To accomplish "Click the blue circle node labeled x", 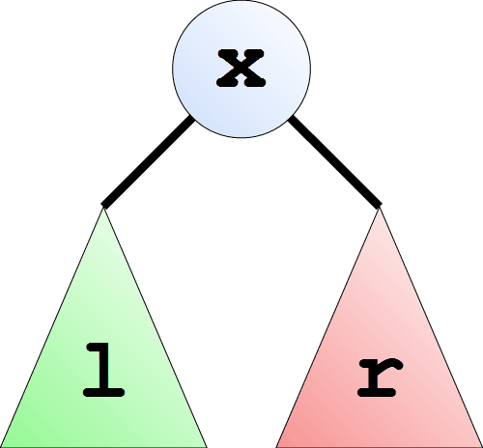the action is [241, 69].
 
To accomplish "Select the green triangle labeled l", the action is [103, 354].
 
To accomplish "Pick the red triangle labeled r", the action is [380, 354].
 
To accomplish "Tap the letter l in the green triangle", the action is [103, 370].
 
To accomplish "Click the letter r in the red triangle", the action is [380, 378].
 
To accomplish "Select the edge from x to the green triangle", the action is [149, 162].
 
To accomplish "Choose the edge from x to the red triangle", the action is [335, 162].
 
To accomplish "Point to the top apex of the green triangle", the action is [103, 208].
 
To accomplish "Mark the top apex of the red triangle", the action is [380, 208].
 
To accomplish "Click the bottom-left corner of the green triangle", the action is [1, 447].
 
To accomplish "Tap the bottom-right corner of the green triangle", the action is [207, 447].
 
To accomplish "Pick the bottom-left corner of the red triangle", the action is [276, 447].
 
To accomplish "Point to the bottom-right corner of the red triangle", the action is [482, 447].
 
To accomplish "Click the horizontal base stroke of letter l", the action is [103, 393].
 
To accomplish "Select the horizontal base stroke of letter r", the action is [377, 393].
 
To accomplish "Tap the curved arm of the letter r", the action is [392, 364].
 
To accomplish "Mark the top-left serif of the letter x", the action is [227, 54].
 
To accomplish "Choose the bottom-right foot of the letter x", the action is [255, 83].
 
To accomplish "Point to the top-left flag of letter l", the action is [94, 348].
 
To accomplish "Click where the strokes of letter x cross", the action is [241, 69].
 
